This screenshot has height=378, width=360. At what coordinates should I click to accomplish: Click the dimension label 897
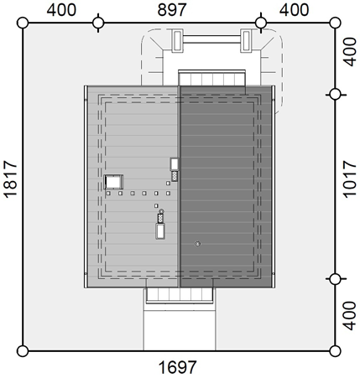(x=171, y=9)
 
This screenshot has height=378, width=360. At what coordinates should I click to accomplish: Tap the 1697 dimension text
(x=177, y=367)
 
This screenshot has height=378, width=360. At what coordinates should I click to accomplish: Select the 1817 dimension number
(x=11, y=179)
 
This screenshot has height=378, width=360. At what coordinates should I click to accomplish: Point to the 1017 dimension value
(x=350, y=179)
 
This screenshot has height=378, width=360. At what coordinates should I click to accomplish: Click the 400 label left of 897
(x=61, y=10)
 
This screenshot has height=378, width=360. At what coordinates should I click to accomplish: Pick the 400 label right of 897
(x=294, y=10)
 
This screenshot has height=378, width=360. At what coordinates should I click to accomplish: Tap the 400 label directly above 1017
(x=350, y=52)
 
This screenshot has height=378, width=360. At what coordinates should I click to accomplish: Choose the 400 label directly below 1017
(x=350, y=315)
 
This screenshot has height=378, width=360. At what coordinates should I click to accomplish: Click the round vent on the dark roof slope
(x=197, y=244)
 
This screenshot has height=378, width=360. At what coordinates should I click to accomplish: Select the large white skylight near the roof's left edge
(x=113, y=182)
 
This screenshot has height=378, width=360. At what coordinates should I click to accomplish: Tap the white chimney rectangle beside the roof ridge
(x=175, y=164)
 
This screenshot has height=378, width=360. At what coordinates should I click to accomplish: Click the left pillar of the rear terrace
(x=177, y=41)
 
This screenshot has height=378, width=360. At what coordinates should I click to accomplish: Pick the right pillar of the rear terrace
(x=246, y=41)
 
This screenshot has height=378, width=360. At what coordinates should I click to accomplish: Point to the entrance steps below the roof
(x=179, y=295)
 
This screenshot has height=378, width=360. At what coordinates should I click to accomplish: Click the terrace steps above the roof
(x=211, y=78)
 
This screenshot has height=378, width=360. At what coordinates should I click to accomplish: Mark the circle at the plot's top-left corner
(x=23, y=23)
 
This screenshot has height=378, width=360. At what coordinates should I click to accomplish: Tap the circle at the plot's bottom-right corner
(x=335, y=351)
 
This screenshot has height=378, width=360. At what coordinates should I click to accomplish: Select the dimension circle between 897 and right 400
(x=261, y=23)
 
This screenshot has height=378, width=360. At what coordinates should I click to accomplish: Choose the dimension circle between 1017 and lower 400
(x=335, y=278)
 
